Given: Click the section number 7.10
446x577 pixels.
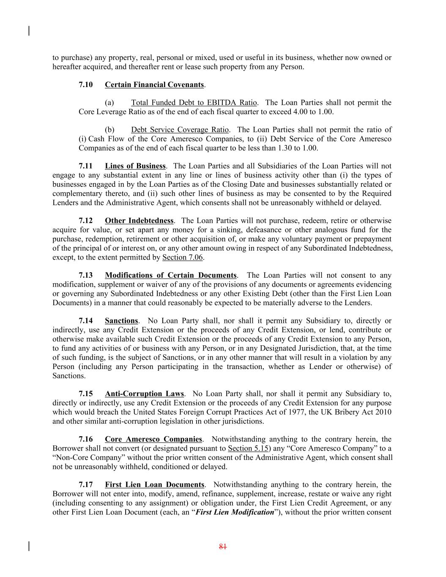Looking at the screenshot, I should [x=86, y=85].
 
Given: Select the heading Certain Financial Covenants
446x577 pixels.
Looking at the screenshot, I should [x=154, y=85].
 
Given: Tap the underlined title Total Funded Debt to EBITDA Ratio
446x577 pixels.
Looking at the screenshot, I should [x=194, y=103].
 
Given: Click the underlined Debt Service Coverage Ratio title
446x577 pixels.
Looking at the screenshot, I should [x=180, y=130].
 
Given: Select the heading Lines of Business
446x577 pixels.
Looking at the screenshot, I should [x=135, y=166].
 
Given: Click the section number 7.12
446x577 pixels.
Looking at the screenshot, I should [x=86, y=221].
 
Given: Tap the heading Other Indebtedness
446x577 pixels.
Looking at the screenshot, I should [x=139, y=221].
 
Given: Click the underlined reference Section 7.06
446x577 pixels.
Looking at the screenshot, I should [x=183, y=257].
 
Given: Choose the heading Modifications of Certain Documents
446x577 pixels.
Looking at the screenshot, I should [x=171, y=276].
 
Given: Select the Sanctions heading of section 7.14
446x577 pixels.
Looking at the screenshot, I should [x=121, y=321].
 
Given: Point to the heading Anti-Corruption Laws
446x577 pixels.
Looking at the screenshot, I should [x=145, y=394].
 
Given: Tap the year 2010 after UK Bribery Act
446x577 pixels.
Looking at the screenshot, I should [x=383, y=412].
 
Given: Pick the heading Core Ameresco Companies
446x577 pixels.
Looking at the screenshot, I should [x=153, y=440].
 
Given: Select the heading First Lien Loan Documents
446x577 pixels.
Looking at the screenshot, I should [x=155, y=485].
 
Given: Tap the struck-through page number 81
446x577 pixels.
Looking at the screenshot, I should [x=223, y=547].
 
